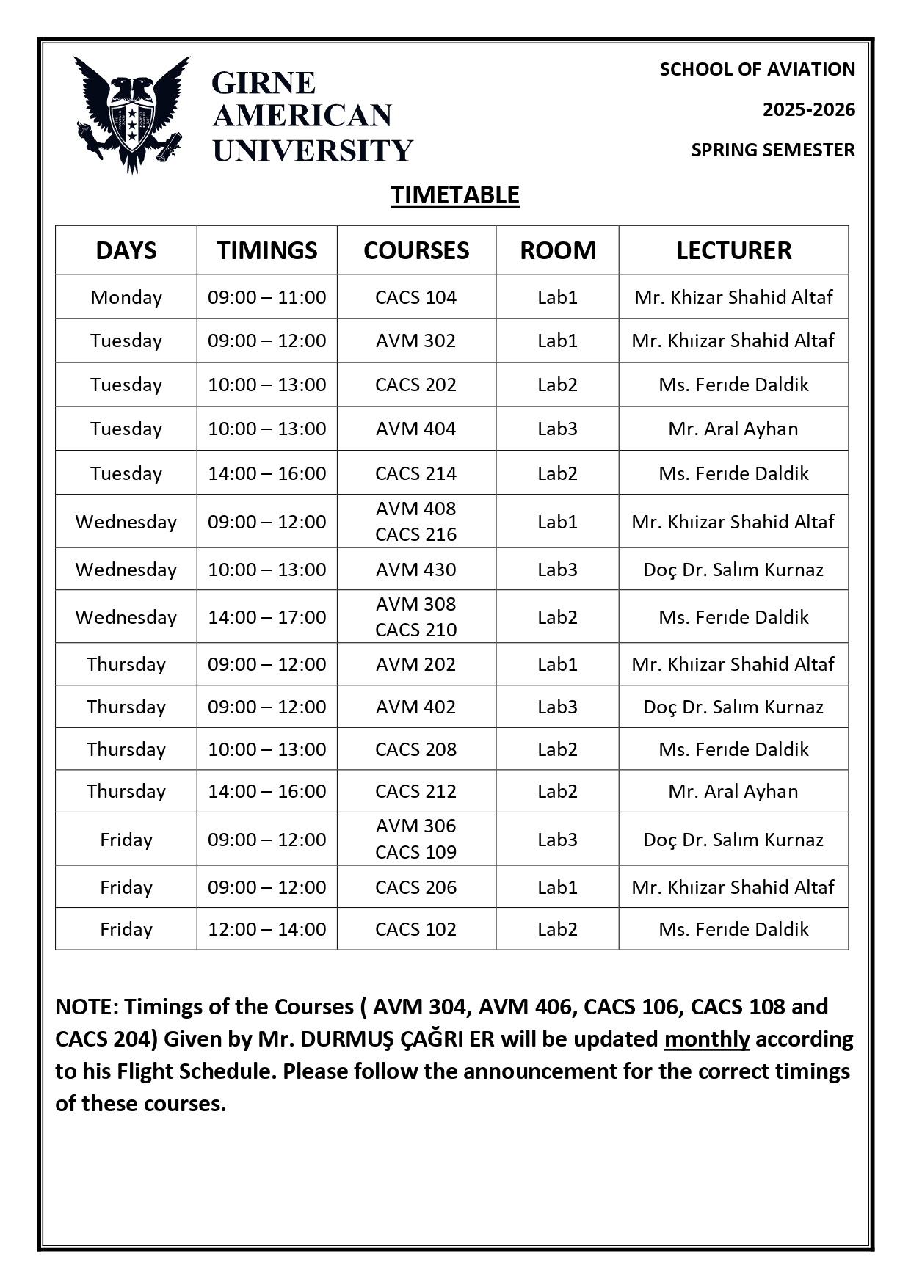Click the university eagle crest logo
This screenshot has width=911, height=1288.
tap(131, 114)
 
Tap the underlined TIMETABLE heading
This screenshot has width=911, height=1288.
tap(454, 195)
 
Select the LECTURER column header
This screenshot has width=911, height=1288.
tap(733, 250)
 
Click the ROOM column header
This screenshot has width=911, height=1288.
tap(557, 250)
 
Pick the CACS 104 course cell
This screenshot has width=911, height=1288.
tap(415, 297)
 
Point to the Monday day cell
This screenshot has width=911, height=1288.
tap(126, 297)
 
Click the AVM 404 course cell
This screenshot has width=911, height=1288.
tap(415, 429)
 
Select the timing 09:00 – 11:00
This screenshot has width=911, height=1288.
tap(266, 297)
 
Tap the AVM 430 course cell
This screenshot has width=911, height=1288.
tap(415, 570)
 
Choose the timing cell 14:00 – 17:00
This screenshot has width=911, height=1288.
tap(266, 617)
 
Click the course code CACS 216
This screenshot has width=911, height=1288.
tap(415, 534)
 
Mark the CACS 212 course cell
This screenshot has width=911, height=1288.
tap(415, 791)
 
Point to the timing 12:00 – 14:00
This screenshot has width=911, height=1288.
tap(266, 929)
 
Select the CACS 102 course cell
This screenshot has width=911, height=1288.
tap(415, 929)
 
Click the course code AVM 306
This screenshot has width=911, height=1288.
tap(415, 826)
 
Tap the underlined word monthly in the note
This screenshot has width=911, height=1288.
tap(706, 1039)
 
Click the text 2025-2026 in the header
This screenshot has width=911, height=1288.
tap(808, 110)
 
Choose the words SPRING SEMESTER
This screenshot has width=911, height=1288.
tap(772, 150)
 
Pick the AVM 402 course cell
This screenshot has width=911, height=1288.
tap(415, 707)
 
